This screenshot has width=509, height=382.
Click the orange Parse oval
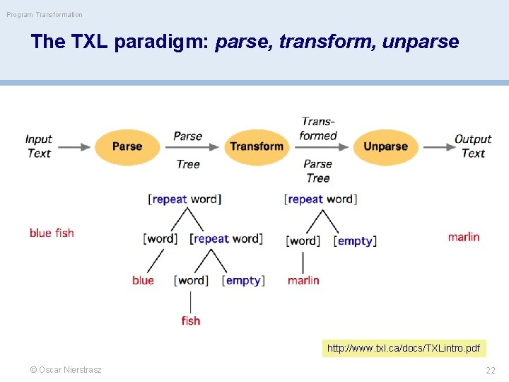127,146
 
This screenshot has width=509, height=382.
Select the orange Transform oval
257,146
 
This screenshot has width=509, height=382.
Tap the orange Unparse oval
385,146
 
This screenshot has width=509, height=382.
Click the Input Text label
39,146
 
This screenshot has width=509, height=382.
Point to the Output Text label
473,146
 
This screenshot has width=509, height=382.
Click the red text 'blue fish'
52,233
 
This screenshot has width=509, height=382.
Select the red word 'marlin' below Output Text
464,237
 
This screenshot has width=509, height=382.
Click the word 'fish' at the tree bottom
191,320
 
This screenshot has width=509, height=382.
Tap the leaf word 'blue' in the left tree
143,280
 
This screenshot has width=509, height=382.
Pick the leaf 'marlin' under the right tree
303,280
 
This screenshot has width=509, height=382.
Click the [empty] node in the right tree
355,241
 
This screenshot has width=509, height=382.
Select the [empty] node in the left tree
243,280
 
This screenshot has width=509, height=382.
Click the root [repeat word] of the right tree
320,199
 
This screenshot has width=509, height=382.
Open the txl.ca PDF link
404,348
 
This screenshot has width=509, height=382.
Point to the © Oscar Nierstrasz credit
65,370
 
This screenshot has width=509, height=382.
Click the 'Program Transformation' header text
45,14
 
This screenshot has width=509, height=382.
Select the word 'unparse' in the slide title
420,42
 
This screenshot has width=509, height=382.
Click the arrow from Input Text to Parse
74,147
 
